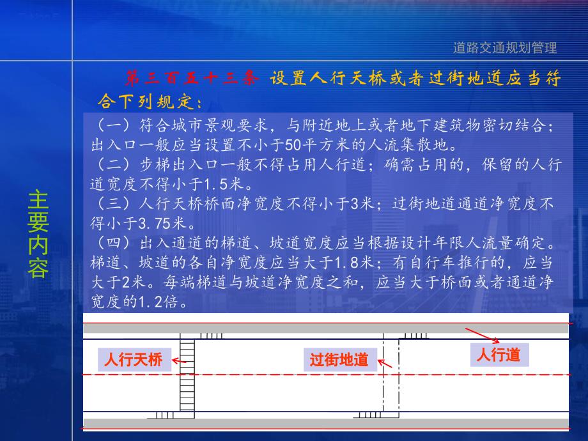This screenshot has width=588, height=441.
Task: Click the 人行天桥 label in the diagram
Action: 134,360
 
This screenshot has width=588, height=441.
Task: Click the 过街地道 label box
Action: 339,360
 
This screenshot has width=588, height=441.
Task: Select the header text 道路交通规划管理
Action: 505,47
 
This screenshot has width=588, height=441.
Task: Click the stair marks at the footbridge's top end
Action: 210,336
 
